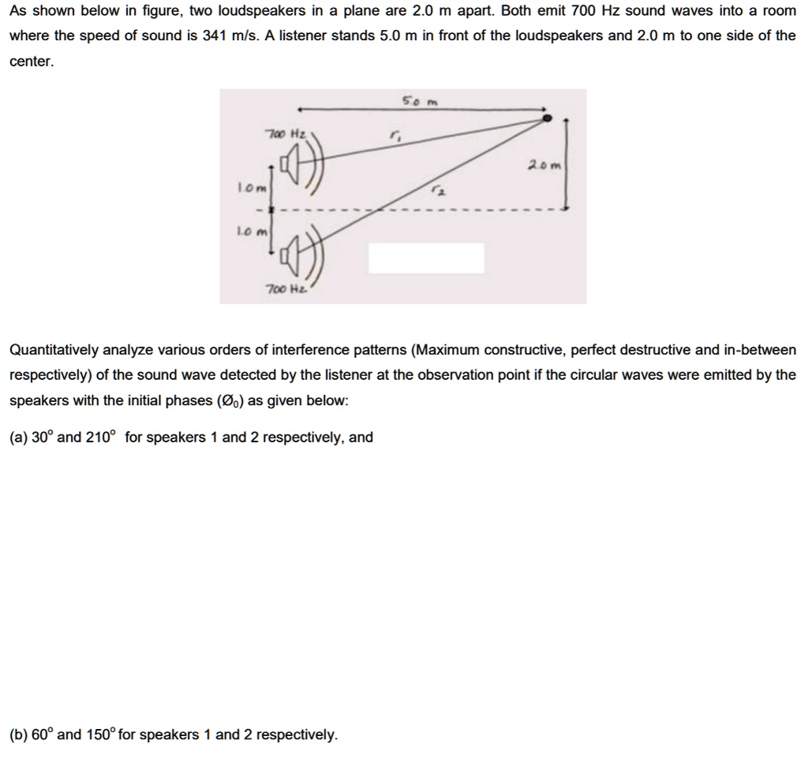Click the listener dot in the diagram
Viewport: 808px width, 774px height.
point(547,119)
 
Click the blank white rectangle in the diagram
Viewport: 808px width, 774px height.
point(426,258)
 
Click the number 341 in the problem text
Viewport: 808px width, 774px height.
point(215,36)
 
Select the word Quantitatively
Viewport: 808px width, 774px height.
point(54,350)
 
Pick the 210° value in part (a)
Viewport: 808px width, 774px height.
point(101,437)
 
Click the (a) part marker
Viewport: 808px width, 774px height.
point(18,437)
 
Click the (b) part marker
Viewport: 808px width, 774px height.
point(18,735)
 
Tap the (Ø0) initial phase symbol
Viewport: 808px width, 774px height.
point(230,400)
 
